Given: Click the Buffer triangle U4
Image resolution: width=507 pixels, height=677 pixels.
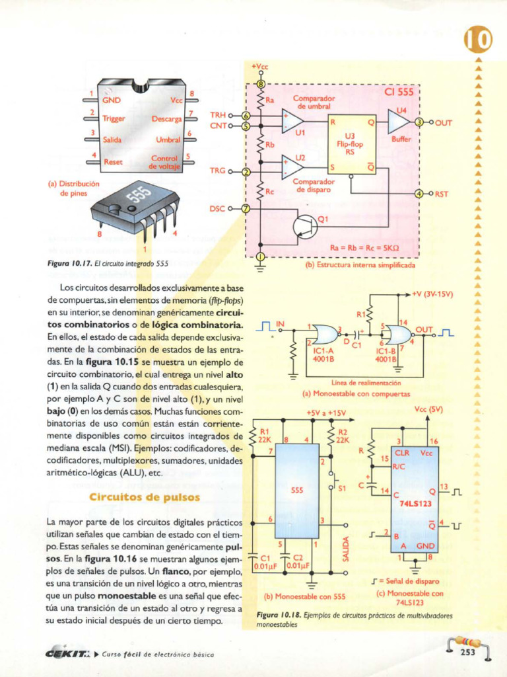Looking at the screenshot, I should click(x=398, y=123).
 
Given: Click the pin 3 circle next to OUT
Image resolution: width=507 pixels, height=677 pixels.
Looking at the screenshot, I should click(x=419, y=122).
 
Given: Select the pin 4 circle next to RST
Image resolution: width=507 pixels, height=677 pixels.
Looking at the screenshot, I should click(x=419, y=194).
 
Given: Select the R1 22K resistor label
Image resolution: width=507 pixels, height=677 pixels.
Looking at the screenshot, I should click(x=265, y=434).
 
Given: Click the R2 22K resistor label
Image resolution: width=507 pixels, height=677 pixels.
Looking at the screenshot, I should click(x=342, y=434).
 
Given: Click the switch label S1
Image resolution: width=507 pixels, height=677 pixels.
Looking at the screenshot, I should click(x=342, y=489).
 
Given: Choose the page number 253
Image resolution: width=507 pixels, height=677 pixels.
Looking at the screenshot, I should click(x=467, y=653).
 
